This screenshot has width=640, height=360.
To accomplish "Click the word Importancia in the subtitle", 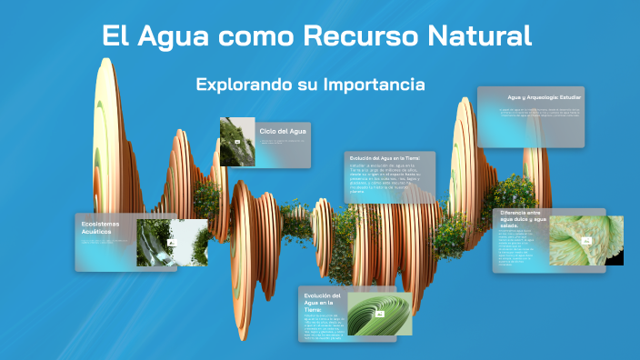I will point(374,85).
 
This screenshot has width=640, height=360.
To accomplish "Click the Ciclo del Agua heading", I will point(282,132).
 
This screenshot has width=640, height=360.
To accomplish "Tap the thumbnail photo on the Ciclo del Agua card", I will point(236,142).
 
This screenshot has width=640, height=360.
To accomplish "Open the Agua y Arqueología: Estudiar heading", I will point(544,96).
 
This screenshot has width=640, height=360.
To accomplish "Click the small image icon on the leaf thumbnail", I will point(587,242).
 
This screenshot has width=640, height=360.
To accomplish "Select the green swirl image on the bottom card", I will point(379,313).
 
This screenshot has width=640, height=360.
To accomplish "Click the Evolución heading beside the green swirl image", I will point(322,303).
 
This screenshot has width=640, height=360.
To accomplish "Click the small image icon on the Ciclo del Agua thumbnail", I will point(237,143).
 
